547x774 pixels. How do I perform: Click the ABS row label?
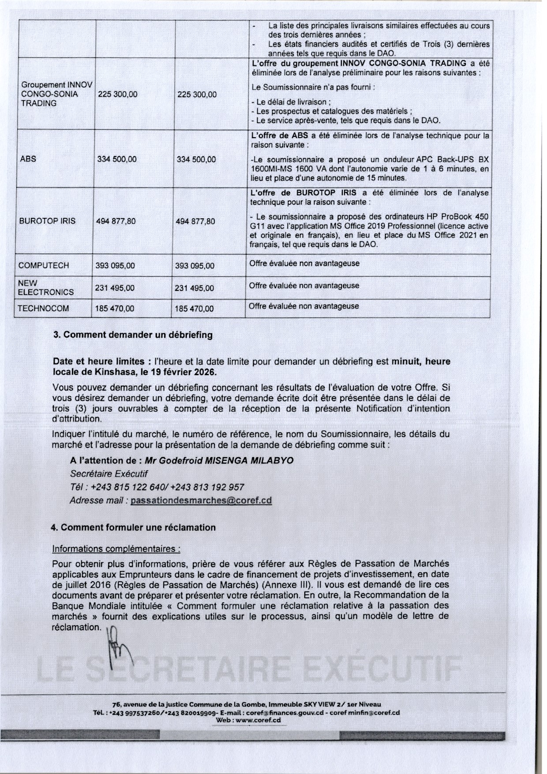click(x=28, y=159)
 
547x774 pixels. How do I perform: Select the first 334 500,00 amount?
click(x=117, y=159)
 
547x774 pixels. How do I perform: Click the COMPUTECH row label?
click(x=44, y=266)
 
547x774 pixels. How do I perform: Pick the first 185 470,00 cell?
click(x=115, y=308)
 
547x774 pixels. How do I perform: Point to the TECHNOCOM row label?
click(x=43, y=308)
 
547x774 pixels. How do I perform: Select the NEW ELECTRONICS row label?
click(x=45, y=288)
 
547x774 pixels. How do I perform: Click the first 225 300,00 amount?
click(x=117, y=94)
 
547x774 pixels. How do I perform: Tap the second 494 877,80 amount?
click(x=195, y=221)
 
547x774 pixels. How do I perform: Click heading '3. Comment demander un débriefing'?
click(x=133, y=335)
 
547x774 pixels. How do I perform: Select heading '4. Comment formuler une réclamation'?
click(x=133, y=527)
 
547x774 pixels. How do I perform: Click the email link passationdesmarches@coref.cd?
click(x=201, y=500)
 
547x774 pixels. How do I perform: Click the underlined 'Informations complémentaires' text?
click(x=116, y=549)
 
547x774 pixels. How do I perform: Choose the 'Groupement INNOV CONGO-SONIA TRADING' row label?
click(x=56, y=94)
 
